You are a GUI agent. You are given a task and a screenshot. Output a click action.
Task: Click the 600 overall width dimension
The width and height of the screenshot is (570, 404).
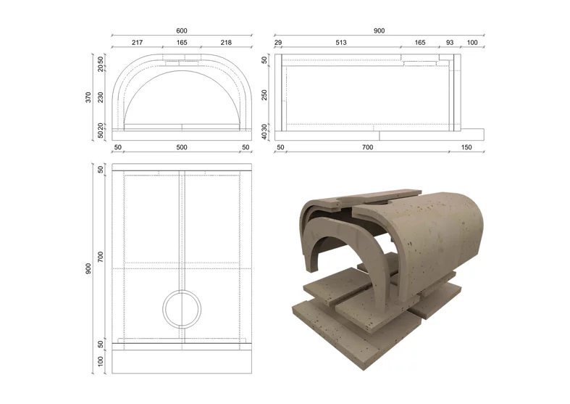click(x=182, y=31)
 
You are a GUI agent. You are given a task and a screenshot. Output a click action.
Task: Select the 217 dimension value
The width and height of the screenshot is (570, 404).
click(x=137, y=43)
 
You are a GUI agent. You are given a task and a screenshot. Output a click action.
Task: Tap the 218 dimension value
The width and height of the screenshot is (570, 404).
click(x=226, y=43)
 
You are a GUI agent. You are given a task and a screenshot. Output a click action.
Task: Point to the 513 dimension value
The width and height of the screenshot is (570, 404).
click(x=341, y=43)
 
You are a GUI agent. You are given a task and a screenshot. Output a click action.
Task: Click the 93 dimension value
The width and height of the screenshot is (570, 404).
click(x=450, y=43)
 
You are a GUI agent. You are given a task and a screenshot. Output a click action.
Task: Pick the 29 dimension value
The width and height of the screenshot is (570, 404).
click(x=278, y=43)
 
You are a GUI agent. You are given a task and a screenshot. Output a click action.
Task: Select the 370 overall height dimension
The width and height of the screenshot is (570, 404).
click(x=88, y=97)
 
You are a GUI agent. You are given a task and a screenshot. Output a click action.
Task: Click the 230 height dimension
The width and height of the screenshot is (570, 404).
click(x=101, y=97)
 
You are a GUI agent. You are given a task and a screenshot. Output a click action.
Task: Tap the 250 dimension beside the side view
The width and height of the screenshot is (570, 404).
click(x=264, y=95)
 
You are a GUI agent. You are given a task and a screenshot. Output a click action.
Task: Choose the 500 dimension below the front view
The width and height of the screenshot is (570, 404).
click(x=182, y=147)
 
